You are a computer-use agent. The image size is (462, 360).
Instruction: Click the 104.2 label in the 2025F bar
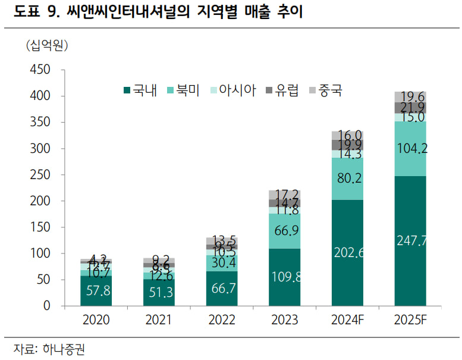point(411,149)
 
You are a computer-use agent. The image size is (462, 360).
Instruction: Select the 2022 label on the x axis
point(221,320)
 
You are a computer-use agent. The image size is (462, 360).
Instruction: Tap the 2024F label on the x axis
point(347,320)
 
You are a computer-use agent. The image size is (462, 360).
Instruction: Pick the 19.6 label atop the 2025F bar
point(410,97)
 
